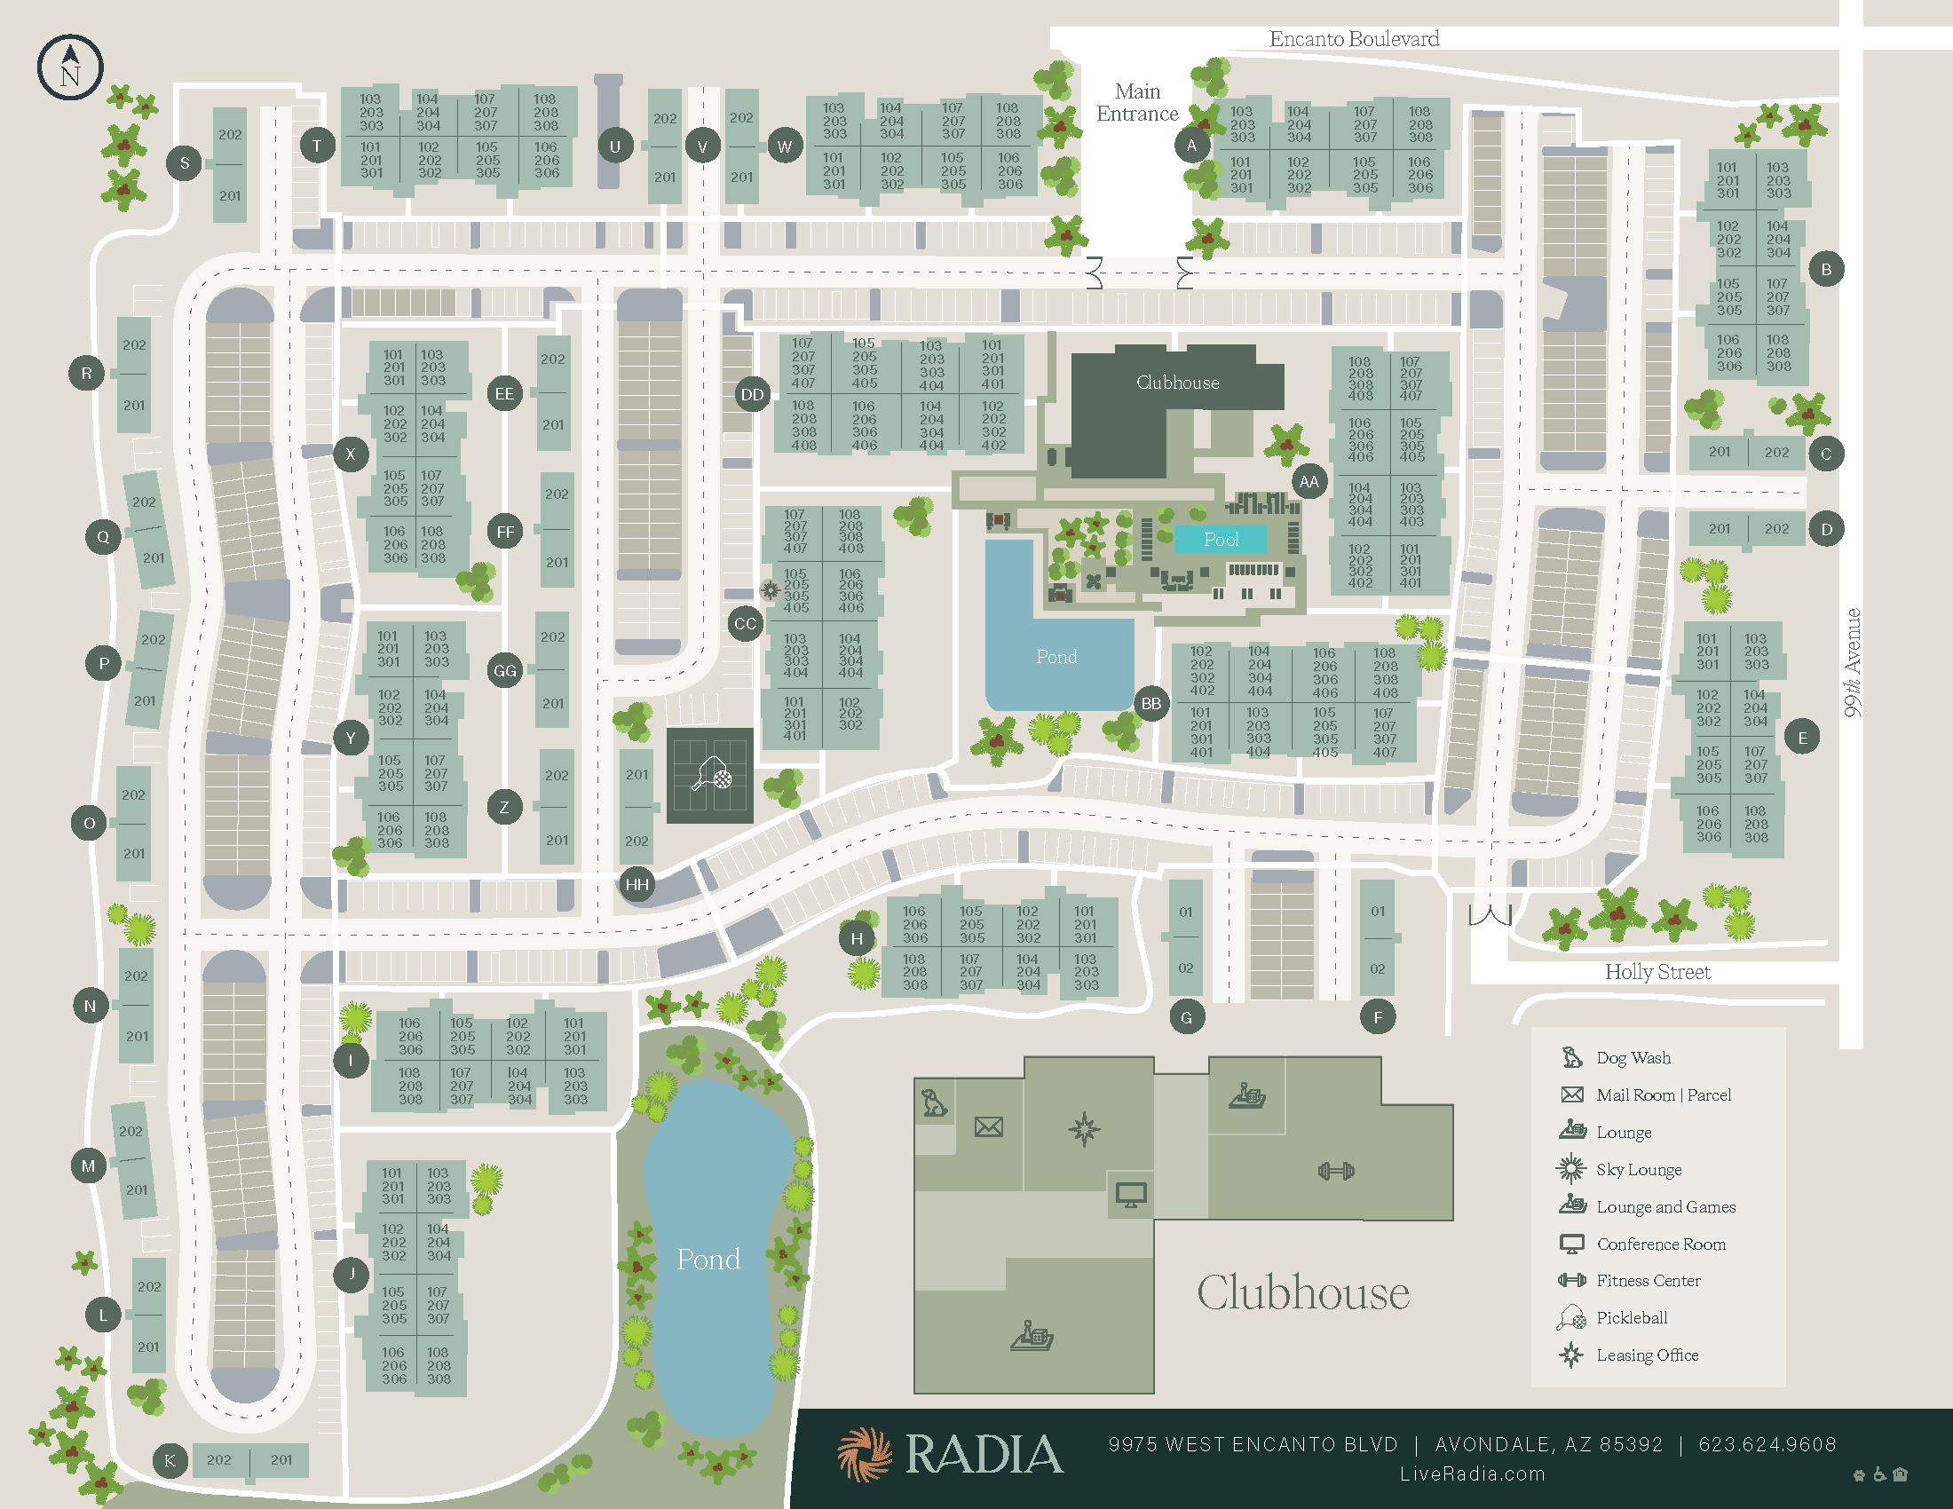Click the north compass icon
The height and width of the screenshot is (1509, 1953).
point(70,68)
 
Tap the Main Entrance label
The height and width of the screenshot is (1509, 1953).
point(1136,103)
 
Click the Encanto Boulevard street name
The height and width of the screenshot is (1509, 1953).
point(1354,39)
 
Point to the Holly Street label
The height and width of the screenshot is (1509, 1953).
point(1657,972)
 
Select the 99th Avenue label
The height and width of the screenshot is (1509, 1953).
point(1852,662)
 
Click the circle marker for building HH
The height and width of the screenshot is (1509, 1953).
point(637,884)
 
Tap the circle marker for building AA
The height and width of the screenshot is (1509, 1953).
point(1309,482)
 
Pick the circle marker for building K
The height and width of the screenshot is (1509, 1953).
point(170,1460)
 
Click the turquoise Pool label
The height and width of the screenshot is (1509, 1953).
point(1221,539)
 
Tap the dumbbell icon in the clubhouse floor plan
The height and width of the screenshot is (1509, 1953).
point(1336,1171)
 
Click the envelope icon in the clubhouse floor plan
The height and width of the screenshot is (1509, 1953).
point(988,1126)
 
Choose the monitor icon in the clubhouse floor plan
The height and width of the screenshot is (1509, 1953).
point(1130,1194)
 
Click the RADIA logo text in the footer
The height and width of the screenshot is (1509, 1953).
point(984,1455)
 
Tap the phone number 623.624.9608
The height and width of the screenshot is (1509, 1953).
point(1767,1444)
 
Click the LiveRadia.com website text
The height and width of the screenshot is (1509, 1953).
point(1472,1474)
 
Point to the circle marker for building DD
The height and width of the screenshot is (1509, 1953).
point(752,394)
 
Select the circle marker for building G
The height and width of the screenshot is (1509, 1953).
point(1186,1017)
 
